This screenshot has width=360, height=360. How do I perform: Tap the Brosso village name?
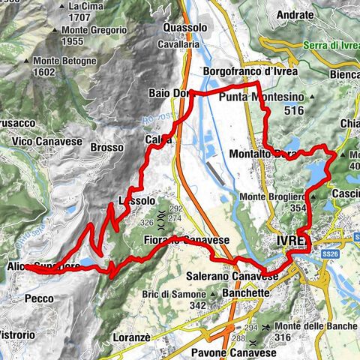[106, 148]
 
